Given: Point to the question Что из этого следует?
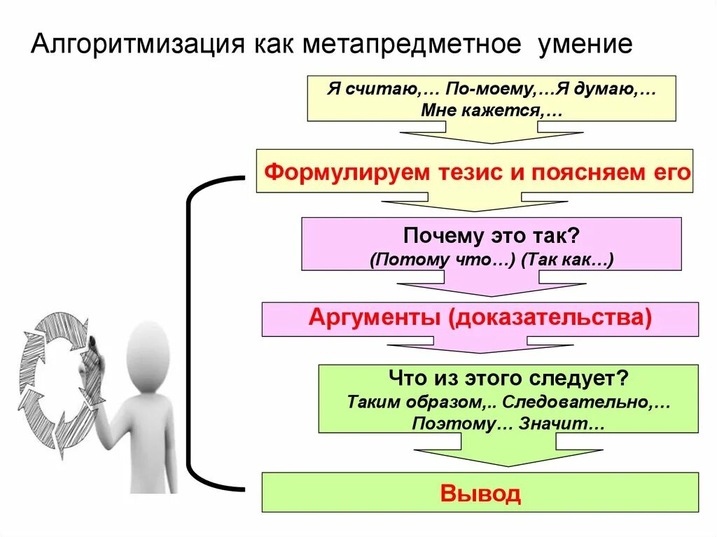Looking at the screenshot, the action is click(x=508, y=379).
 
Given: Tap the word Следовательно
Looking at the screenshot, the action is click(x=586, y=403).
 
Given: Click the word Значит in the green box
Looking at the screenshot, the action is click(x=561, y=424).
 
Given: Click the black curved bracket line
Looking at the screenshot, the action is click(x=189, y=329).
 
